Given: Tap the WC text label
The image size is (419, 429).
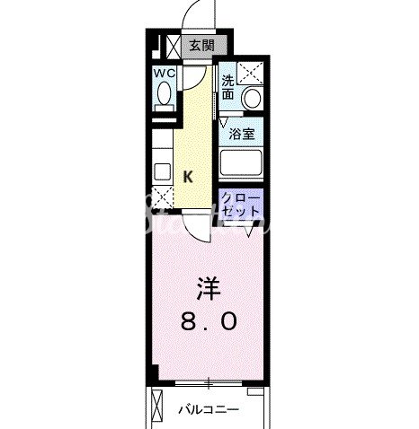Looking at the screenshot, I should (x=163, y=72).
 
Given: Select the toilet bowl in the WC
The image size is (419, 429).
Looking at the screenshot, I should (x=163, y=94).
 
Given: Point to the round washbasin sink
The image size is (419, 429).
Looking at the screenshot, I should (x=253, y=97).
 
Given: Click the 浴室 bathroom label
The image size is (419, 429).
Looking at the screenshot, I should (x=240, y=135).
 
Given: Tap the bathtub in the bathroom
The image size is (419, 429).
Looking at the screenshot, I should (x=240, y=163).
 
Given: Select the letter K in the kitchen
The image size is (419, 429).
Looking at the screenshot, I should (x=188, y=177).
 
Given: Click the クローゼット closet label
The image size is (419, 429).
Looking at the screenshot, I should (x=240, y=204).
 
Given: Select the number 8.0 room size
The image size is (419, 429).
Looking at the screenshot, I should (x=208, y=320).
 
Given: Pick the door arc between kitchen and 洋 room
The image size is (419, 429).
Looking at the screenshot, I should (x=196, y=230).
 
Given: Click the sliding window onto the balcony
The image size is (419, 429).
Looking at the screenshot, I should (x=209, y=382).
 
